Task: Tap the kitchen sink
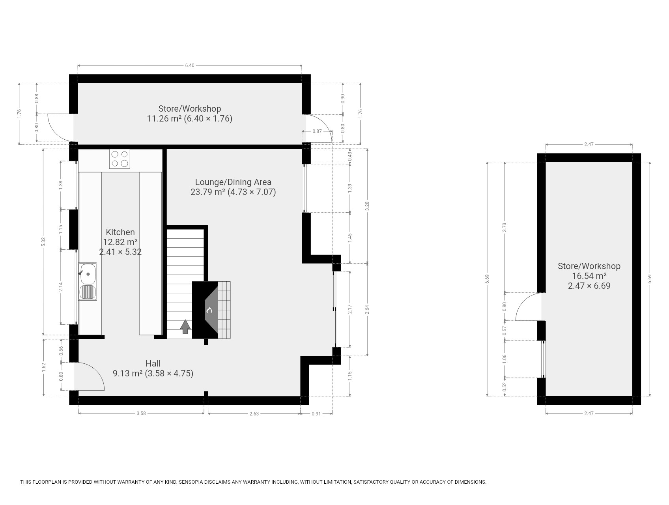[x=88, y=282]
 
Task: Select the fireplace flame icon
[x=209, y=310]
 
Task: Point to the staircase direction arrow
[x=185, y=327]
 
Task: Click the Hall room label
[x=153, y=363]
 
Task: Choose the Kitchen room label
[x=120, y=232]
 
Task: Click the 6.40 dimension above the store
[x=190, y=65]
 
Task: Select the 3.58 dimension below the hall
[x=141, y=413]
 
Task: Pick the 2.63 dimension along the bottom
[x=254, y=413]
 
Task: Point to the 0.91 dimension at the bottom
[x=316, y=413]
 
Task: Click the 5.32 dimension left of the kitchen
[x=43, y=241]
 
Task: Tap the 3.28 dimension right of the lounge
[x=368, y=206]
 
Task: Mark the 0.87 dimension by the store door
[x=317, y=131]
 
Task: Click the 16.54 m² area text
[x=589, y=276]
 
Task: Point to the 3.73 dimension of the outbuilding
[x=505, y=227]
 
